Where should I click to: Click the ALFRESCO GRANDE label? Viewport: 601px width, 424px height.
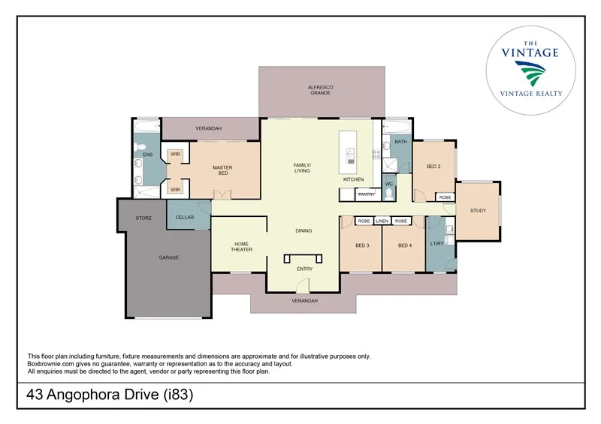click(321, 90)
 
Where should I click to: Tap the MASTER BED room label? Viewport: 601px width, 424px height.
click(222, 170)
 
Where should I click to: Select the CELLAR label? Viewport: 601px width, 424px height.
click(185, 217)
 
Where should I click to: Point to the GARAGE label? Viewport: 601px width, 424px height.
click(169, 257)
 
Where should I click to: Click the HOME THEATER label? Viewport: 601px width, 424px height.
click(241, 247)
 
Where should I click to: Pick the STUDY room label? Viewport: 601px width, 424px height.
click(478, 210)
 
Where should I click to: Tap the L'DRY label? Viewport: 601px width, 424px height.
click(437, 243)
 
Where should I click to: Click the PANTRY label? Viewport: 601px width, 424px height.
click(367, 194)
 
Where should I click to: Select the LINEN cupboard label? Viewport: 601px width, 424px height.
click(382, 221)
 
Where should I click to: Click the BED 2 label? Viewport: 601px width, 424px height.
click(433, 167)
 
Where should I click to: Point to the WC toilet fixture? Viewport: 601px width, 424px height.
click(389, 194)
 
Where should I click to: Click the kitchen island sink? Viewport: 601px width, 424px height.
click(350, 155)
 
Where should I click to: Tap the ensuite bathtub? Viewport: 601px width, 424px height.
click(146, 126)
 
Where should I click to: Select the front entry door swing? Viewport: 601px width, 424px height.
click(304, 285)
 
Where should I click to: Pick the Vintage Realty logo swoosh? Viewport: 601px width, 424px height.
click(530, 72)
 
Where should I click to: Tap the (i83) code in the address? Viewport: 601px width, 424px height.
click(178, 394)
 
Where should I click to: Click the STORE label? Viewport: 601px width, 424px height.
click(143, 218)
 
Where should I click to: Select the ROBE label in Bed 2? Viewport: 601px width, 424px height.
click(445, 197)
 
